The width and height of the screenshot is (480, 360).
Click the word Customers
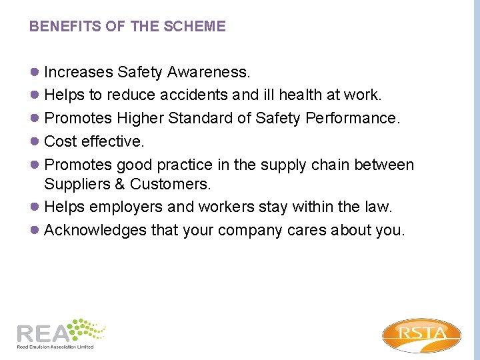171,184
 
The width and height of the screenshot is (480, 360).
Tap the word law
377,207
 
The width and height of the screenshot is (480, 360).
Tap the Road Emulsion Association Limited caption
55,347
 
